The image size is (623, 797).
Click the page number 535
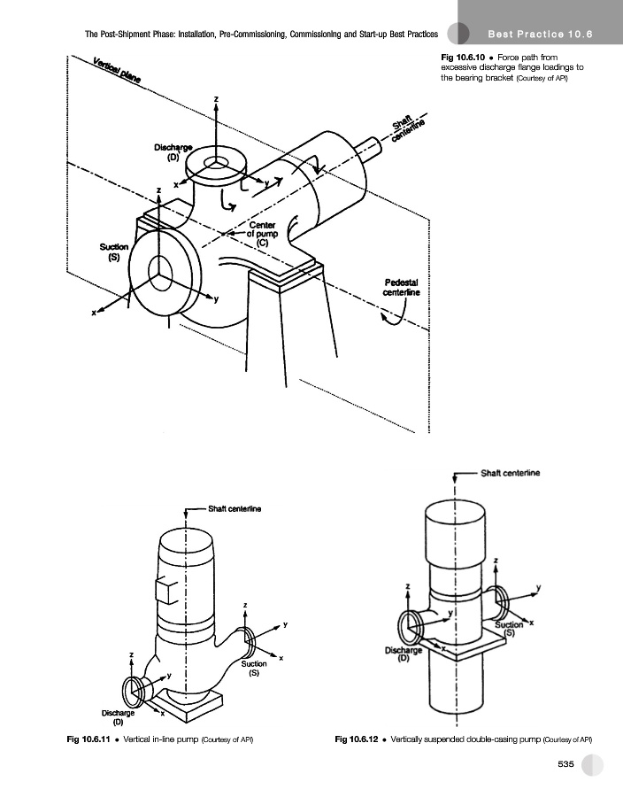tap(565, 764)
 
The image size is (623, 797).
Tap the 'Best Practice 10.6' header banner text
tap(540, 35)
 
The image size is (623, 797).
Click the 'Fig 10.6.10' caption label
tap(463, 58)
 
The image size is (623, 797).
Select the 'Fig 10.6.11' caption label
tap(88, 739)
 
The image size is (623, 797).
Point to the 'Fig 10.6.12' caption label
tap(357, 739)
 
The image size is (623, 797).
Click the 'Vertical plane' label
tap(117, 71)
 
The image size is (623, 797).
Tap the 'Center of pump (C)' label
tap(263, 234)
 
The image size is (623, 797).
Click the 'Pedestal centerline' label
tap(401, 287)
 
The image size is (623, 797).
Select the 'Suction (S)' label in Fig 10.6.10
tap(114, 251)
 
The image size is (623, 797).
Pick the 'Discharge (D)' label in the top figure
tap(173, 152)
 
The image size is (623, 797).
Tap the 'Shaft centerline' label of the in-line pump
tap(235, 509)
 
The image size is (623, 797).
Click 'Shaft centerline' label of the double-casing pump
tap(511, 473)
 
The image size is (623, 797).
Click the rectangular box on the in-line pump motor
tap(167, 592)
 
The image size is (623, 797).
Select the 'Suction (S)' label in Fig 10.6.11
tap(254, 668)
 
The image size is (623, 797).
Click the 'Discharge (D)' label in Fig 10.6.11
tap(118, 716)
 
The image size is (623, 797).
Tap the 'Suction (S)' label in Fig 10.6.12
tap(509, 629)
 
